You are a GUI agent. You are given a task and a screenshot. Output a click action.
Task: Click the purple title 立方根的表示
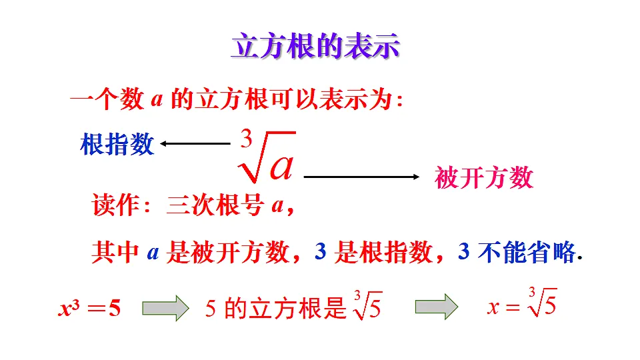click(x=315, y=46)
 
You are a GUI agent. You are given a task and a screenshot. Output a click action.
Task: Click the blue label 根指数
click(x=117, y=144)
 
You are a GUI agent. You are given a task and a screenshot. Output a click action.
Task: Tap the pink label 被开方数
click(x=484, y=177)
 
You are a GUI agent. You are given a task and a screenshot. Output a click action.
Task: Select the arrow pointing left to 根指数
click(x=195, y=144)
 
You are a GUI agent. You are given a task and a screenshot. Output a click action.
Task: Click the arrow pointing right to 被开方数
click(x=361, y=177)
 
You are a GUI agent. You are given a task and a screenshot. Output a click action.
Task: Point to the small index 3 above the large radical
click(x=246, y=139)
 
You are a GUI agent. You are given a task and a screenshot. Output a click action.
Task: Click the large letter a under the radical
click(x=282, y=166)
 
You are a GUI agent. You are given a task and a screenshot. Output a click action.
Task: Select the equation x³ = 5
click(x=90, y=308)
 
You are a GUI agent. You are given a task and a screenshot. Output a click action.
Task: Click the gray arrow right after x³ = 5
click(x=166, y=308)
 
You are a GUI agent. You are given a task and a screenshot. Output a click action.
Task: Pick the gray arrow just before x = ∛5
click(x=437, y=307)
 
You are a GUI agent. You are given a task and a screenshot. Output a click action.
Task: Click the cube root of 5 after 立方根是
click(x=368, y=305)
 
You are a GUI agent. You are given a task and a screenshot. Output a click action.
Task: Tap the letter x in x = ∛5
click(x=493, y=307)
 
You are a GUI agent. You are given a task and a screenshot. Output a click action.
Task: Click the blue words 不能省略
click(x=527, y=252)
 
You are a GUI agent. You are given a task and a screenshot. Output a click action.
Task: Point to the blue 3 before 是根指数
click(x=321, y=251)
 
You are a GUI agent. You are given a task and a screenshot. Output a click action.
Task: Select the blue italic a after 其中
click(x=153, y=253)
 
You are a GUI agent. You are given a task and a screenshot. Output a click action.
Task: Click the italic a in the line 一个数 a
click(x=157, y=99)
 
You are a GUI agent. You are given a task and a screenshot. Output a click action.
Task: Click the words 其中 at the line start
click(x=115, y=252)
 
